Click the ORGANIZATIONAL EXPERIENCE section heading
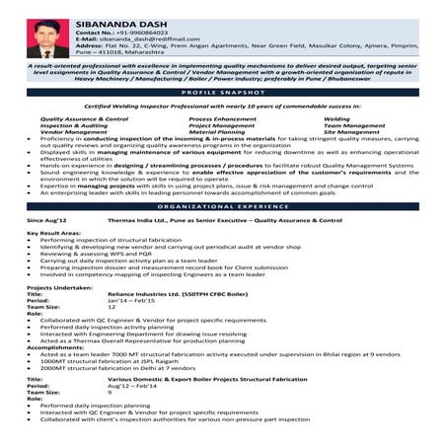point(223,208)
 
